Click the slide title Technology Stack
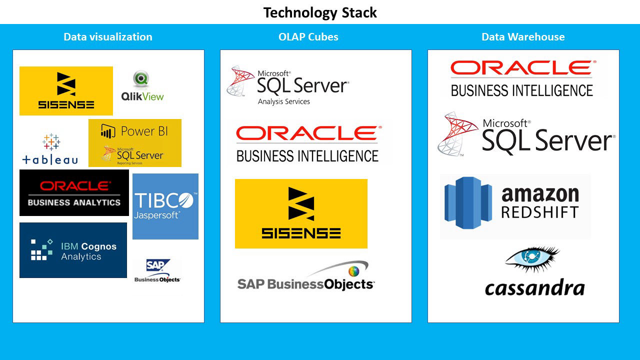[x=320, y=12]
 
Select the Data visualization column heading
[x=108, y=36]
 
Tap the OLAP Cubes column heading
[x=308, y=36]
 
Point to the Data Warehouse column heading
[x=523, y=36]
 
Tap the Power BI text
[x=144, y=131]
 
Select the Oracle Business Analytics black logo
[x=74, y=193]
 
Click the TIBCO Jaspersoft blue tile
[x=165, y=206]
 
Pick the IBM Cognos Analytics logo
[x=73, y=250]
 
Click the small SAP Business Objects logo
[x=157, y=271]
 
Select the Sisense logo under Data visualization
[x=66, y=90]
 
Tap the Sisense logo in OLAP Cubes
[x=301, y=213]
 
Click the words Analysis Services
[x=283, y=101]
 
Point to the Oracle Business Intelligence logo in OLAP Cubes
[x=307, y=144]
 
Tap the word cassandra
[x=534, y=287]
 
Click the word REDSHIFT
[x=539, y=211]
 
